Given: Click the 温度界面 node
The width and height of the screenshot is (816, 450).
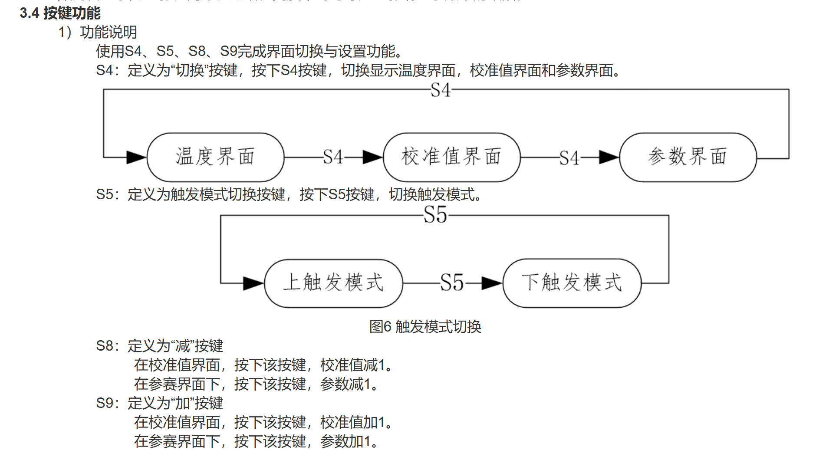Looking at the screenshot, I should click(x=215, y=157).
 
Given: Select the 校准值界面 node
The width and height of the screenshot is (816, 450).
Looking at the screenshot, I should click(x=451, y=157).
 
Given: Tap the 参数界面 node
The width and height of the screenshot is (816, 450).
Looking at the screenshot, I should click(x=688, y=157).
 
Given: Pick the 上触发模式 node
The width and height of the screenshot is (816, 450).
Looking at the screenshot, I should click(x=333, y=283).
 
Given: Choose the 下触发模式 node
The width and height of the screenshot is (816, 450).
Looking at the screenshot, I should click(x=572, y=283).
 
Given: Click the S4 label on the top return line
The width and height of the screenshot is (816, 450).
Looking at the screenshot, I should click(x=441, y=90).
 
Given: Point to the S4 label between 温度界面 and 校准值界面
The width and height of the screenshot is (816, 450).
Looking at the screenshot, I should click(x=333, y=157).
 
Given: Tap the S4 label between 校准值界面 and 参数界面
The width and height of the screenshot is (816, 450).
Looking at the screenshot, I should click(x=569, y=158).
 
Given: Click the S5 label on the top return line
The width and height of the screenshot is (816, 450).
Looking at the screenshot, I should click(x=435, y=215).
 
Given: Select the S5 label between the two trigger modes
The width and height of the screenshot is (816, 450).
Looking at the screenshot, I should click(x=452, y=283).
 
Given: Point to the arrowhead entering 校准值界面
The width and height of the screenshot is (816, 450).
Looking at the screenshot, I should click(x=372, y=157).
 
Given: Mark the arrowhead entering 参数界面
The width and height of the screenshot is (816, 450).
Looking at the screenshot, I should click(x=609, y=157).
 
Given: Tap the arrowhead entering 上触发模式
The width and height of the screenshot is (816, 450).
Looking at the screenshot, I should click(x=253, y=283).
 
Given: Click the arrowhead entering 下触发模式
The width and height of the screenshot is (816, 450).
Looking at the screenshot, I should click(x=492, y=283).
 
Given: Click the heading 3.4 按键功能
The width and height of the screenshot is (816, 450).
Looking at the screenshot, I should click(x=60, y=13).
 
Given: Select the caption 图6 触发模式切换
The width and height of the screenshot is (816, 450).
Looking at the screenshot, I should click(x=425, y=327).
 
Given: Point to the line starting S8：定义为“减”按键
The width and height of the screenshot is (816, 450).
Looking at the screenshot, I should click(x=160, y=346).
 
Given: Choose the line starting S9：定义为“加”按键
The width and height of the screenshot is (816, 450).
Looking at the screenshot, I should click(x=160, y=403).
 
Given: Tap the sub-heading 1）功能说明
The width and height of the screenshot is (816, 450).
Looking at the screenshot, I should click(x=98, y=32).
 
